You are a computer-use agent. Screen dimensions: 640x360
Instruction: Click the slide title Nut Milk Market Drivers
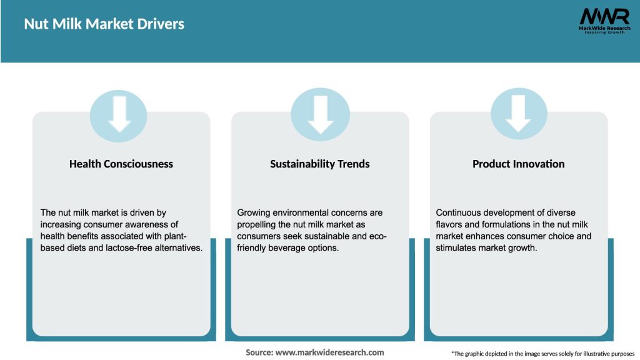click(104, 24)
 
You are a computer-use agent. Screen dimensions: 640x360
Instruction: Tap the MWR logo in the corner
click(604, 21)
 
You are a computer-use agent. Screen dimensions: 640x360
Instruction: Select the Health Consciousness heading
click(121, 164)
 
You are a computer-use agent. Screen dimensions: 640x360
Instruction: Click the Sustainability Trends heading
click(320, 164)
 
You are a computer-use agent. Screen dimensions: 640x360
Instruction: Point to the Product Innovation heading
click(519, 164)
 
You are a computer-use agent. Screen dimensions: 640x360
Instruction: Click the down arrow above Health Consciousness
click(119, 114)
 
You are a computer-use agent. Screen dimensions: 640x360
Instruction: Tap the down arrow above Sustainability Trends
click(321, 114)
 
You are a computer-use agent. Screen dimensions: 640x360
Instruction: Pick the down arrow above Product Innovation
click(518, 114)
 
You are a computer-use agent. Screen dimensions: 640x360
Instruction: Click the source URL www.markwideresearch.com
click(330, 352)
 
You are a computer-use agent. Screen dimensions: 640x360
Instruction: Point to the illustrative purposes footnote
click(543, 354)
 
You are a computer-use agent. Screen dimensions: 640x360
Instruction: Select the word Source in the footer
click(259, 352)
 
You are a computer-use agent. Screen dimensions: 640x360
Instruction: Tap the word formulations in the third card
click(505, 224)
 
